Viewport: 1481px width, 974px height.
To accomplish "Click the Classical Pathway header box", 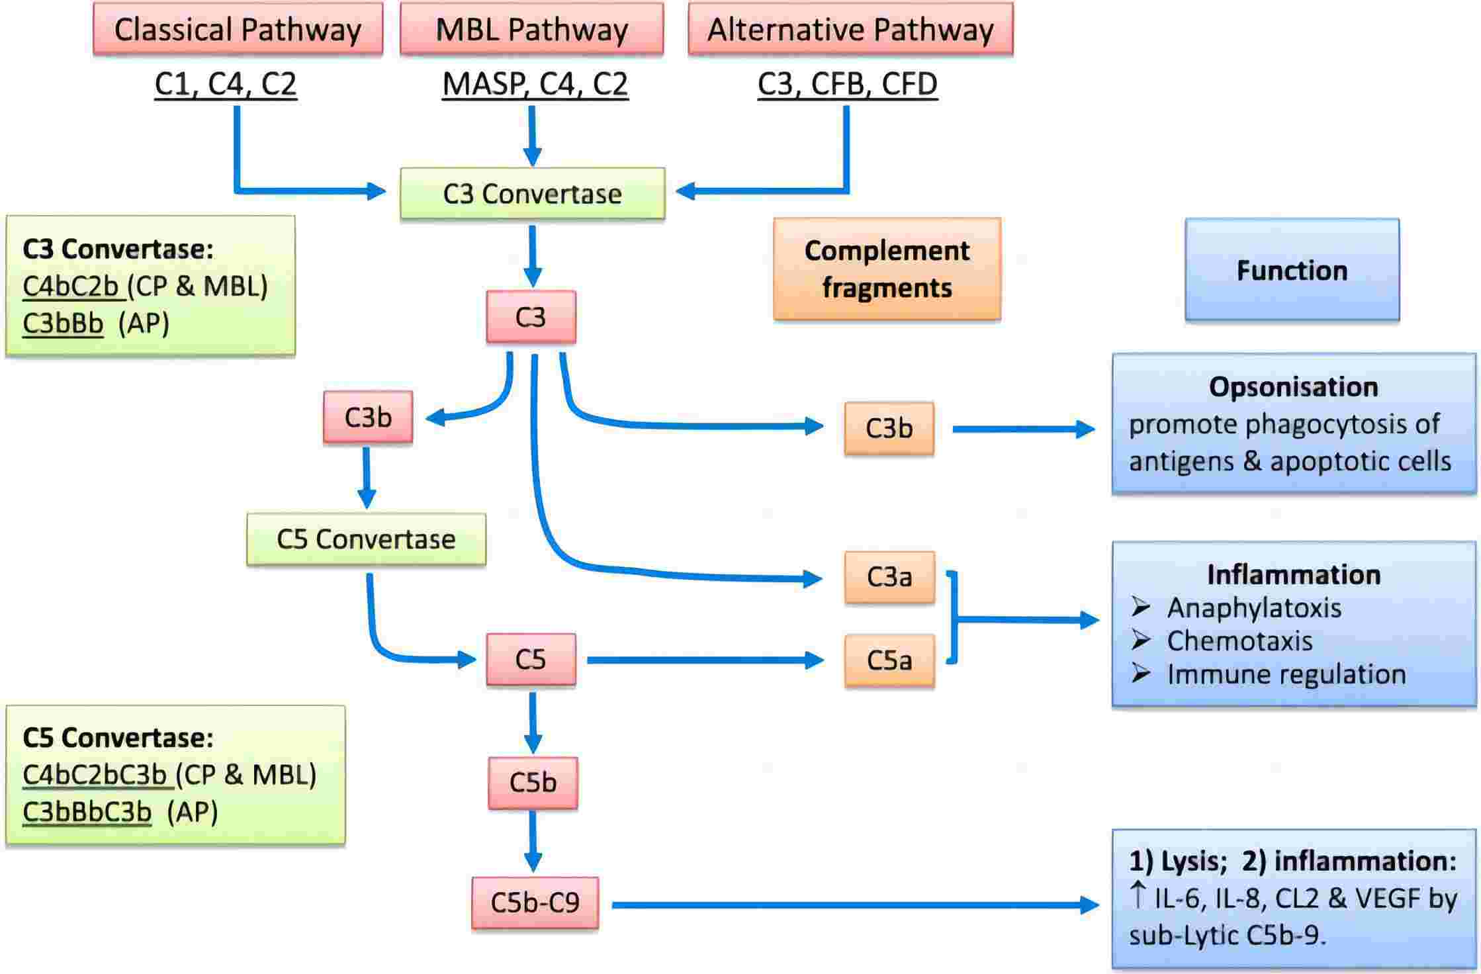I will click(238, 29).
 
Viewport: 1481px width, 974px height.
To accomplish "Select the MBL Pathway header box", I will click(531, 29).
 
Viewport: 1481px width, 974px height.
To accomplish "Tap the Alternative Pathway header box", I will click(850, 29).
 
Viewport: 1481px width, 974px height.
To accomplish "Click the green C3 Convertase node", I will click(532, 193).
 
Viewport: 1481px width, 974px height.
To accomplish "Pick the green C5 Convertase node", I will click(366, 539).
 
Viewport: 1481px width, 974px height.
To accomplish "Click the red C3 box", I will click(531, 317).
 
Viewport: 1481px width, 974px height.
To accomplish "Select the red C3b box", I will click(368, 417).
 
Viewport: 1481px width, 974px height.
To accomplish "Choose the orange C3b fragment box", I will click(889, 428).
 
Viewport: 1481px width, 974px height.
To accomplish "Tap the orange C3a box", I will click(889, 577).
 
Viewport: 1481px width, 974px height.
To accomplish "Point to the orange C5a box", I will click(889, 660).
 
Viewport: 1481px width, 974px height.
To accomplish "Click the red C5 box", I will click(531, 659).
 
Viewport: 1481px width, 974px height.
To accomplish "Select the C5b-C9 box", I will click(535, 903).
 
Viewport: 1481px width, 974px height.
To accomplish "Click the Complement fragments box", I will click(887, 269).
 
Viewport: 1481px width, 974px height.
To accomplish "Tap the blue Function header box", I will click(1292, 270).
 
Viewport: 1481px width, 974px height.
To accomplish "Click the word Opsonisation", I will click(1293, 387).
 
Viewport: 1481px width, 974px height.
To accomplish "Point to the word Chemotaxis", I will click(1239, 641).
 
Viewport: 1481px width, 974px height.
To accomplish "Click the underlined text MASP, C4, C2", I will click(535, 83).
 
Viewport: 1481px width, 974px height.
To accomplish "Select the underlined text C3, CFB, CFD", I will click(847, 83).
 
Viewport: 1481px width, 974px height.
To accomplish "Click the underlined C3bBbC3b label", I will click(87, 811).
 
